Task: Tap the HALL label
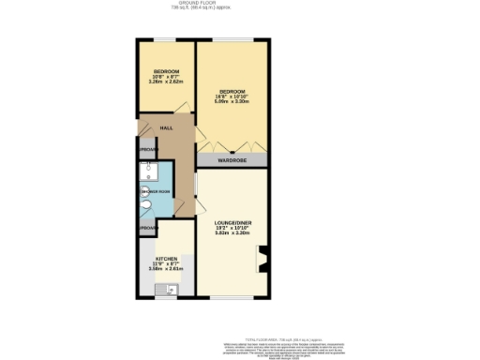(x=166, y=127)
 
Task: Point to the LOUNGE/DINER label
(x=232, y=221)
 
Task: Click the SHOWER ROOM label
(x=156, y=192)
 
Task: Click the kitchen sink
(x=172, y=290)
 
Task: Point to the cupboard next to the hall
(x=147, y=150)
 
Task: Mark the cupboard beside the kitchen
(x=147, y=229)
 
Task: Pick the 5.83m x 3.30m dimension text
(x=232, y=233)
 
